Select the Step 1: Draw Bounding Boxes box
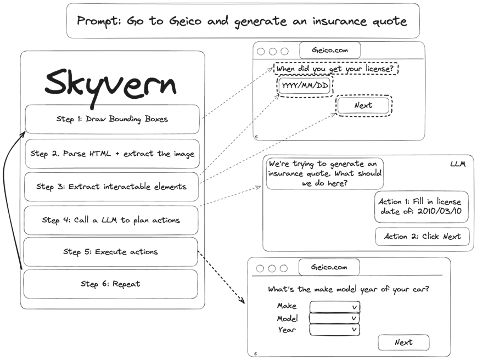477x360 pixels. tap(112, 119)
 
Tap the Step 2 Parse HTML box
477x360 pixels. tap(112, 154)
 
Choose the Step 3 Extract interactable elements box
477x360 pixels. tap(111, 187)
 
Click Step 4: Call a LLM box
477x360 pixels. tap(111, 220)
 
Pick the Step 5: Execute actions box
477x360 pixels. tap(110, 252)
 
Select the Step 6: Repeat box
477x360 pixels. tap(110, 284)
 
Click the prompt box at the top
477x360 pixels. tap(242, 21)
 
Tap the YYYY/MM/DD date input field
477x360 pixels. tap(305, 87)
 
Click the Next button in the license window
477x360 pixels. tap(363, 105)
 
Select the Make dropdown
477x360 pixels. tap(334, 306)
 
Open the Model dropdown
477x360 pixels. tap(334, 318)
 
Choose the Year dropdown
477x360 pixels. tap(334, 330)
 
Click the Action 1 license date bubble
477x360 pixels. tap(422, 206)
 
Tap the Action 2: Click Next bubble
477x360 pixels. tap(422, 237)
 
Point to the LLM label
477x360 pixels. tap(457, 164)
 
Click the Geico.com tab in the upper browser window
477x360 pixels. tap(330, 50)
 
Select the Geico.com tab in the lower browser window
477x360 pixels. tap(329, 267)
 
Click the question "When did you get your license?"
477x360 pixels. tap(335, 70)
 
